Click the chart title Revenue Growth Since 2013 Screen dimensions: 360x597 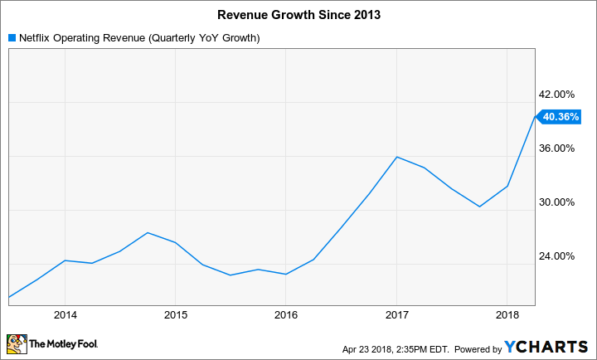click(298, 14)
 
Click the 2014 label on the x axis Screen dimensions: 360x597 click(65, 315)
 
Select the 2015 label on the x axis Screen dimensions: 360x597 click(175, 315)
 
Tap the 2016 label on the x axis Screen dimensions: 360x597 click(285, 315)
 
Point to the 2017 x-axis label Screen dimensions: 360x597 click(396, 315)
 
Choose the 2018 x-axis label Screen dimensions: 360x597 click(507, 315)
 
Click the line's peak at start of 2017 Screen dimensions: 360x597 click(396, 157)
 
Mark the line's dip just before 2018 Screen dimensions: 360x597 click(479, 207)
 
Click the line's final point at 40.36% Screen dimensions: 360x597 click(535, 117)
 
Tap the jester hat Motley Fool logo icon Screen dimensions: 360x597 click(16, 343)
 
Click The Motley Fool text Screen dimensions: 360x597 click(63, 343)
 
